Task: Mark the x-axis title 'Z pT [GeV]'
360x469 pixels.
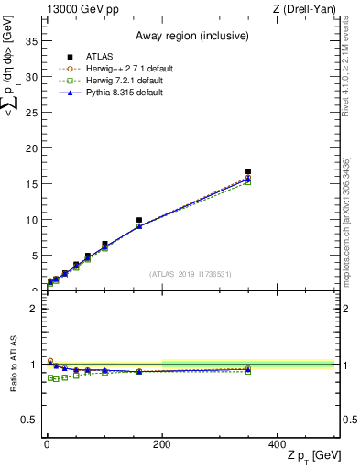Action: click(308, 456)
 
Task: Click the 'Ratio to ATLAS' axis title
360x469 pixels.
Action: click(13, 364)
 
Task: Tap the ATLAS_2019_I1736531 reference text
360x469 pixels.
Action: click(191, 273)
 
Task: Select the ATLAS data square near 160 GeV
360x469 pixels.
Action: click(139, 221)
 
